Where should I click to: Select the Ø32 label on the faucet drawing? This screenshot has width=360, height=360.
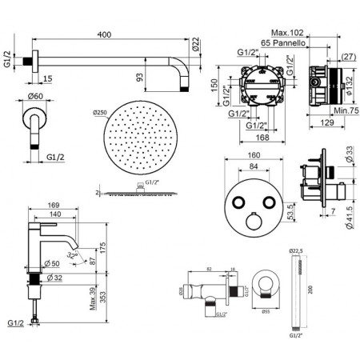tap(57, 278)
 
